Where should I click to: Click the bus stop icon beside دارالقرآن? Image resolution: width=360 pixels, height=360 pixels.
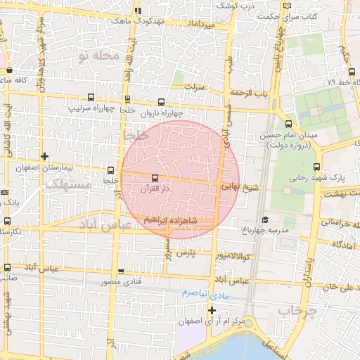pyautogui.click(x=155, y=178)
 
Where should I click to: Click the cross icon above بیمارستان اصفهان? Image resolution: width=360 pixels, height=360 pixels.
pyautogui.click(x=45, y=156)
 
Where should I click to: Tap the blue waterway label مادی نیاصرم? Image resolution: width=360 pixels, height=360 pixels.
pyautogui.click(x=205, y=292)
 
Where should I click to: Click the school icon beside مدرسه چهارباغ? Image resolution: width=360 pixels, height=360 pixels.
pyautogui.click(x=265, y=219)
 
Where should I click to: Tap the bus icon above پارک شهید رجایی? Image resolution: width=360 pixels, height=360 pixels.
pyautogui.click(x=316, y=167)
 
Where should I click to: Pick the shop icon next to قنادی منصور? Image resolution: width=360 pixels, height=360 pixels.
pyautogui.click(x=122, y=271)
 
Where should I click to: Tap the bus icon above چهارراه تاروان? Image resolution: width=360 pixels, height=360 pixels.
pyautogui.click(x=162, y=101)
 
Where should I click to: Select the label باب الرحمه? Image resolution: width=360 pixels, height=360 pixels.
pyautogui.click(x=252, y=92)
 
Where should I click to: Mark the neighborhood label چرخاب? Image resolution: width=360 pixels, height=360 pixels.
pyautogui.click(x=293, y=309)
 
